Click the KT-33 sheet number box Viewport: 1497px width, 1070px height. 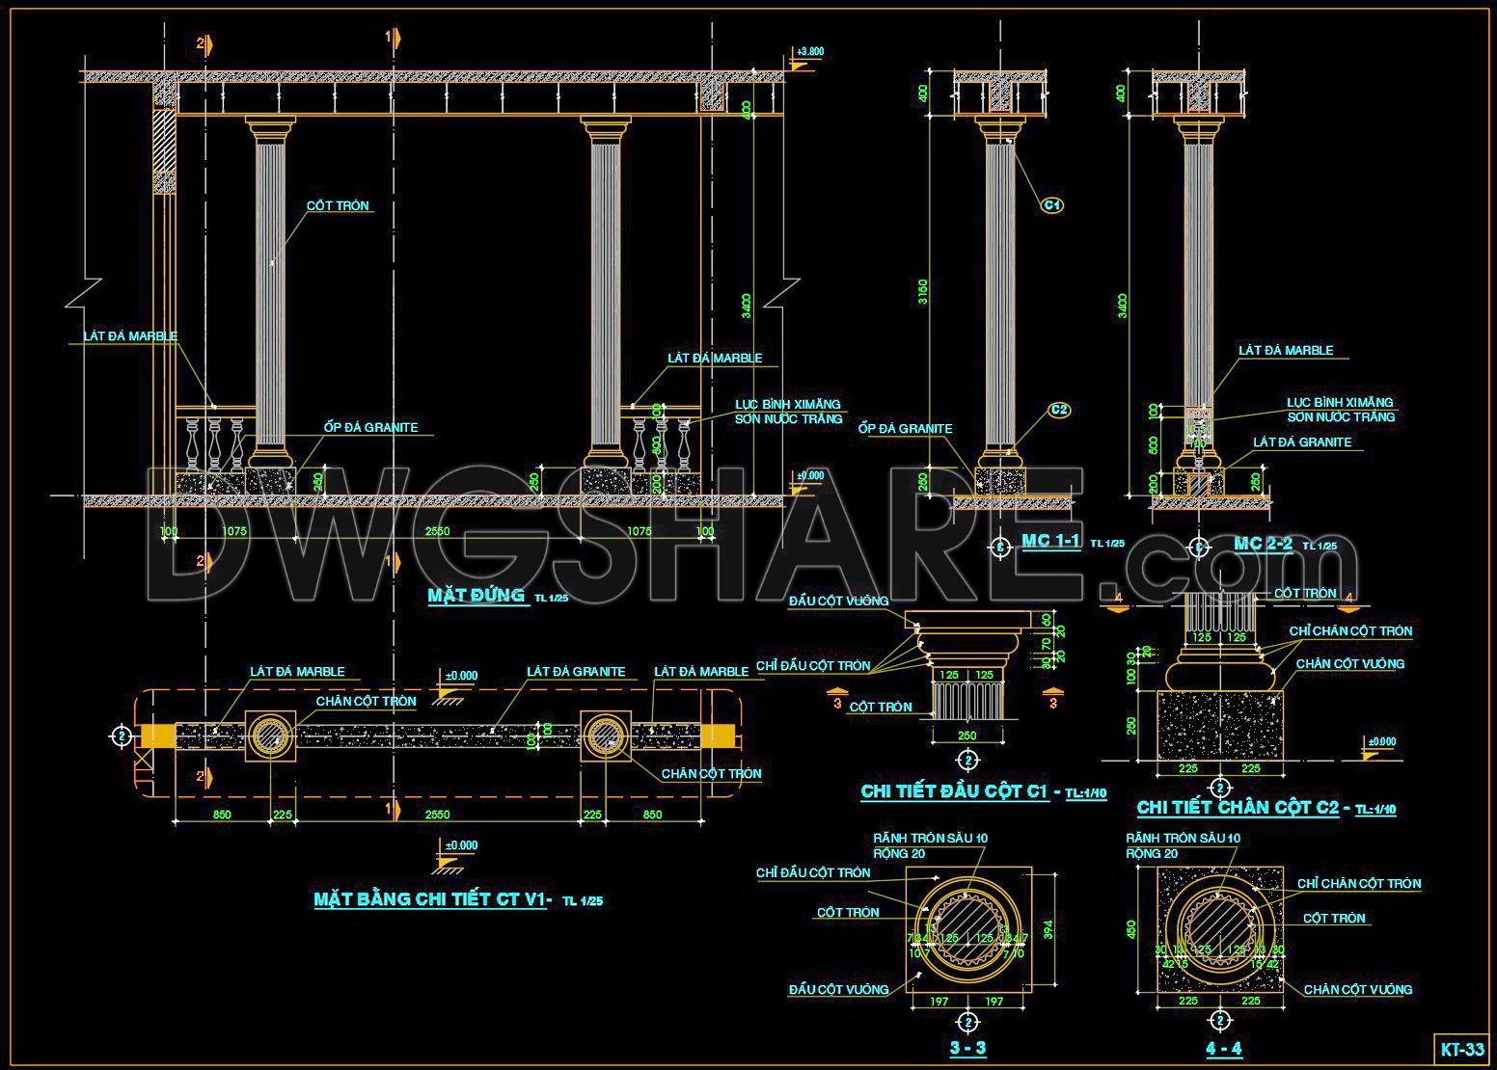(x=1461, y=1049)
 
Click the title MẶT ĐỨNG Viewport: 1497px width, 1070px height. (x=476, y=595)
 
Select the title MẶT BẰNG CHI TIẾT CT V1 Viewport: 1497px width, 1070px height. (x=431, y=899)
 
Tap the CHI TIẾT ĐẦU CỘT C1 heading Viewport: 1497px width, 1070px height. (x=954, y=791)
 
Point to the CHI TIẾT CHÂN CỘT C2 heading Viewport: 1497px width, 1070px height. (x=1238, y=807)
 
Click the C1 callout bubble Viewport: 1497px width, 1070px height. (x=1052, y=205)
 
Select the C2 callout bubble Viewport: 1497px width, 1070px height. (x=1059, y=410)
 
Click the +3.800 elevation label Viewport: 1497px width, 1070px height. (x=810, y=51)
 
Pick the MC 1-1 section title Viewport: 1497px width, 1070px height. (x=1050, y=541)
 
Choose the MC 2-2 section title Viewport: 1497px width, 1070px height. (x=1263, y=544)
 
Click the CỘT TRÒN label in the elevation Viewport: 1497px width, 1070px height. (x=339, y=205)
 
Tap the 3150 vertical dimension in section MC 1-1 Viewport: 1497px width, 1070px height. (x=923, y=292)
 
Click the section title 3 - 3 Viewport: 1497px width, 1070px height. (x=967, y=1048)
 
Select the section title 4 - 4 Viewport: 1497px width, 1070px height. (x=1223, y=1048)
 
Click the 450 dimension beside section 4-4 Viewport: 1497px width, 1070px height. (x=1132, y=929)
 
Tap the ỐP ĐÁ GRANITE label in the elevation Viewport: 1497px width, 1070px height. (x=371, y=427)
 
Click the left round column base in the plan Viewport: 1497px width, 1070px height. (x=270, y=736)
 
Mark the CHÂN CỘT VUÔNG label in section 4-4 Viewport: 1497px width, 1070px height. (x=1357, y=989)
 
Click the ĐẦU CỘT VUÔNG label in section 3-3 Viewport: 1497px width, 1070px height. (x=838, y=989)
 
